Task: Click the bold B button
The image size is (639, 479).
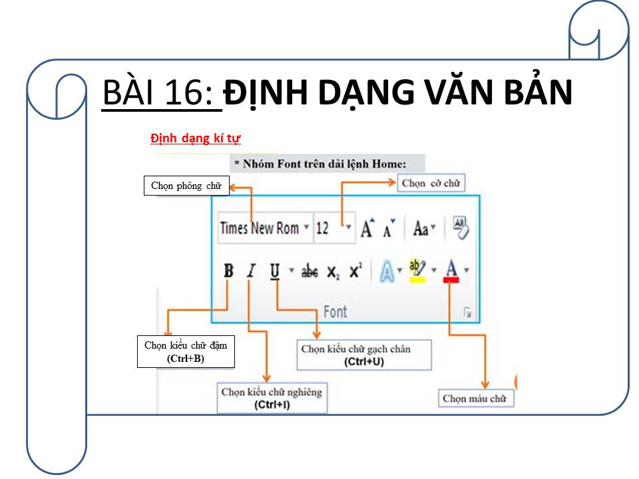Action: (228, 271)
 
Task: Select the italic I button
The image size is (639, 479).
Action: (252, 271)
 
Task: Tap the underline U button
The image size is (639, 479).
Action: (275, 271)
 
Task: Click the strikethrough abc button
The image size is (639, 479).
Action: (310, 271)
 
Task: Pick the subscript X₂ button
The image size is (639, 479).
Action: (333, 272)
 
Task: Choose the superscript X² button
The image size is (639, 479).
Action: (355, 271)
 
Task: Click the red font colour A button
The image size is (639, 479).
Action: (451, 271)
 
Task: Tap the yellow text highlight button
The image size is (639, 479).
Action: (417, 271)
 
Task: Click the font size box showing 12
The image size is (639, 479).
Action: (333, 228)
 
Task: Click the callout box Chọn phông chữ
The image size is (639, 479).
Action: (186, 186)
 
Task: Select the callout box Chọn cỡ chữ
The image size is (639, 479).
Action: (431, 184)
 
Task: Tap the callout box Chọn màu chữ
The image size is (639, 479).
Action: (475, 399)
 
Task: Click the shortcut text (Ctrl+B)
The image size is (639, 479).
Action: (186, 359)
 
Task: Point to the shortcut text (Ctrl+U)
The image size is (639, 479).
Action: (364, 362)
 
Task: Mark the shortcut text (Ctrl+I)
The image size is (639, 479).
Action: (272, 404)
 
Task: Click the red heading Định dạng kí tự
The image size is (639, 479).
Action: (196, 138)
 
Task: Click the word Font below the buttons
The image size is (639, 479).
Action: (335, 311)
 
